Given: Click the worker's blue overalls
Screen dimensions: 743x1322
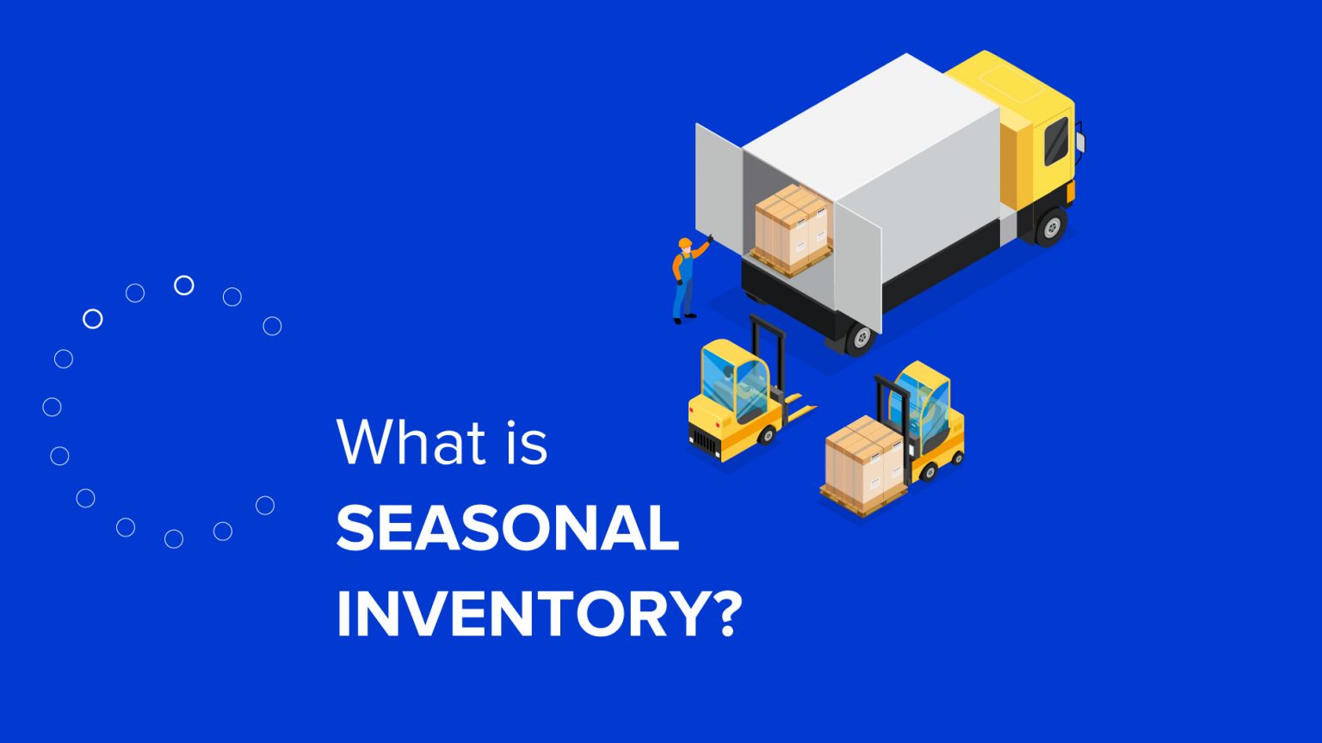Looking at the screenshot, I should (683, 292).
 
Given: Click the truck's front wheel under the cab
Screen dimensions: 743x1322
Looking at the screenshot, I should (1051, 227).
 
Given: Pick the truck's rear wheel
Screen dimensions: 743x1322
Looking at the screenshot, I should (860, 338).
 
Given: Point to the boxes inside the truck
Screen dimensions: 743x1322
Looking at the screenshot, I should (793, 225).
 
